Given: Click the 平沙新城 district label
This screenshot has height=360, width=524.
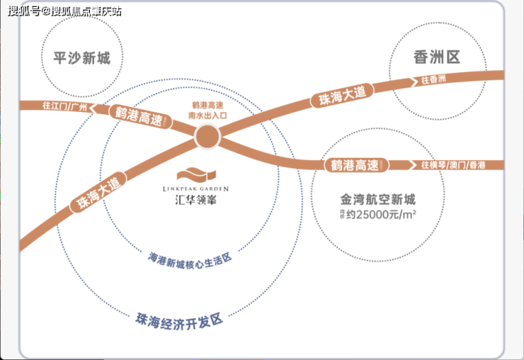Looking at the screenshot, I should tap(81, 57).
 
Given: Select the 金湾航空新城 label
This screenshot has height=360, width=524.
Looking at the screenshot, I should tap(376, 200).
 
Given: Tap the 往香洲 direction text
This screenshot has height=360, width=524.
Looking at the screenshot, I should tap(433, 79).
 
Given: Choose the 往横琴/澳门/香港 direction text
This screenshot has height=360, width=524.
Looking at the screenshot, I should tap(453, 165).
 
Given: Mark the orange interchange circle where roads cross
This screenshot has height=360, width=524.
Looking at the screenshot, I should tap(208, 137).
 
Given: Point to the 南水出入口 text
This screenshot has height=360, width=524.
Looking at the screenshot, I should tap(207, 113).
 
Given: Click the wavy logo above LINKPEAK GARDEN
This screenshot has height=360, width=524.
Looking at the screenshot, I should tap(203, 173).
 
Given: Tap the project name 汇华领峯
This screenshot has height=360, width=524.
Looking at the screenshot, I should tap(203, 201).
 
